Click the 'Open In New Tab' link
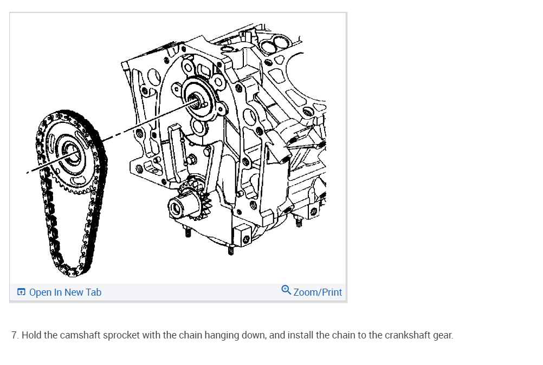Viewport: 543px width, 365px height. coord(65,292)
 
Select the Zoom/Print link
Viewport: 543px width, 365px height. coord(318,292)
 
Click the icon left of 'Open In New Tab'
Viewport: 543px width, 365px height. coord(21,292)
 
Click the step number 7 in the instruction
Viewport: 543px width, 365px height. coord(15,335)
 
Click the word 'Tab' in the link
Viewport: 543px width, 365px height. coord(93,292)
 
